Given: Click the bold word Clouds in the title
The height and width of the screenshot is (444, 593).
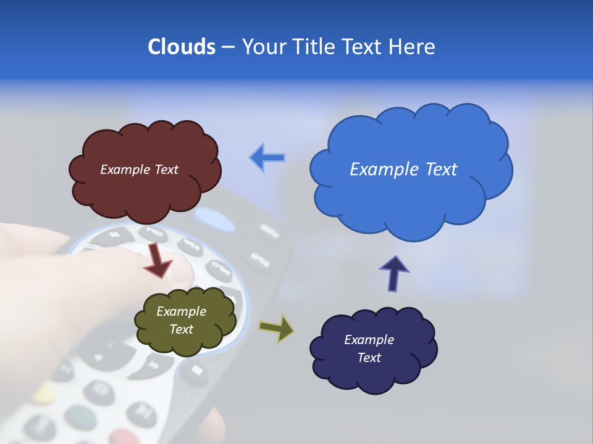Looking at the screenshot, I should tap(181, 47).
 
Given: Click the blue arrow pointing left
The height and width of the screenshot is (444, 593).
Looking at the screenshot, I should tap(267, 158).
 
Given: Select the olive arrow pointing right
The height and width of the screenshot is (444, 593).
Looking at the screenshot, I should tap(277, 328).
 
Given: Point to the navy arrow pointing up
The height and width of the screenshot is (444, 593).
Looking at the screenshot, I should tap(394, 273).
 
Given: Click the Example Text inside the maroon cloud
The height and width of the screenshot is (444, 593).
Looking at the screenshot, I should tap(139, 170).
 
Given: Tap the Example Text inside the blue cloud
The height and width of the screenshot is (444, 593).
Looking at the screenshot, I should tap(403, 170).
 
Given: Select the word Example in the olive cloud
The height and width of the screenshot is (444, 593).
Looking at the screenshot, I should tap(181, 311).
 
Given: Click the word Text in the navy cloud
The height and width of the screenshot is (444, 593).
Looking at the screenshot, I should tap(369, 358).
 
